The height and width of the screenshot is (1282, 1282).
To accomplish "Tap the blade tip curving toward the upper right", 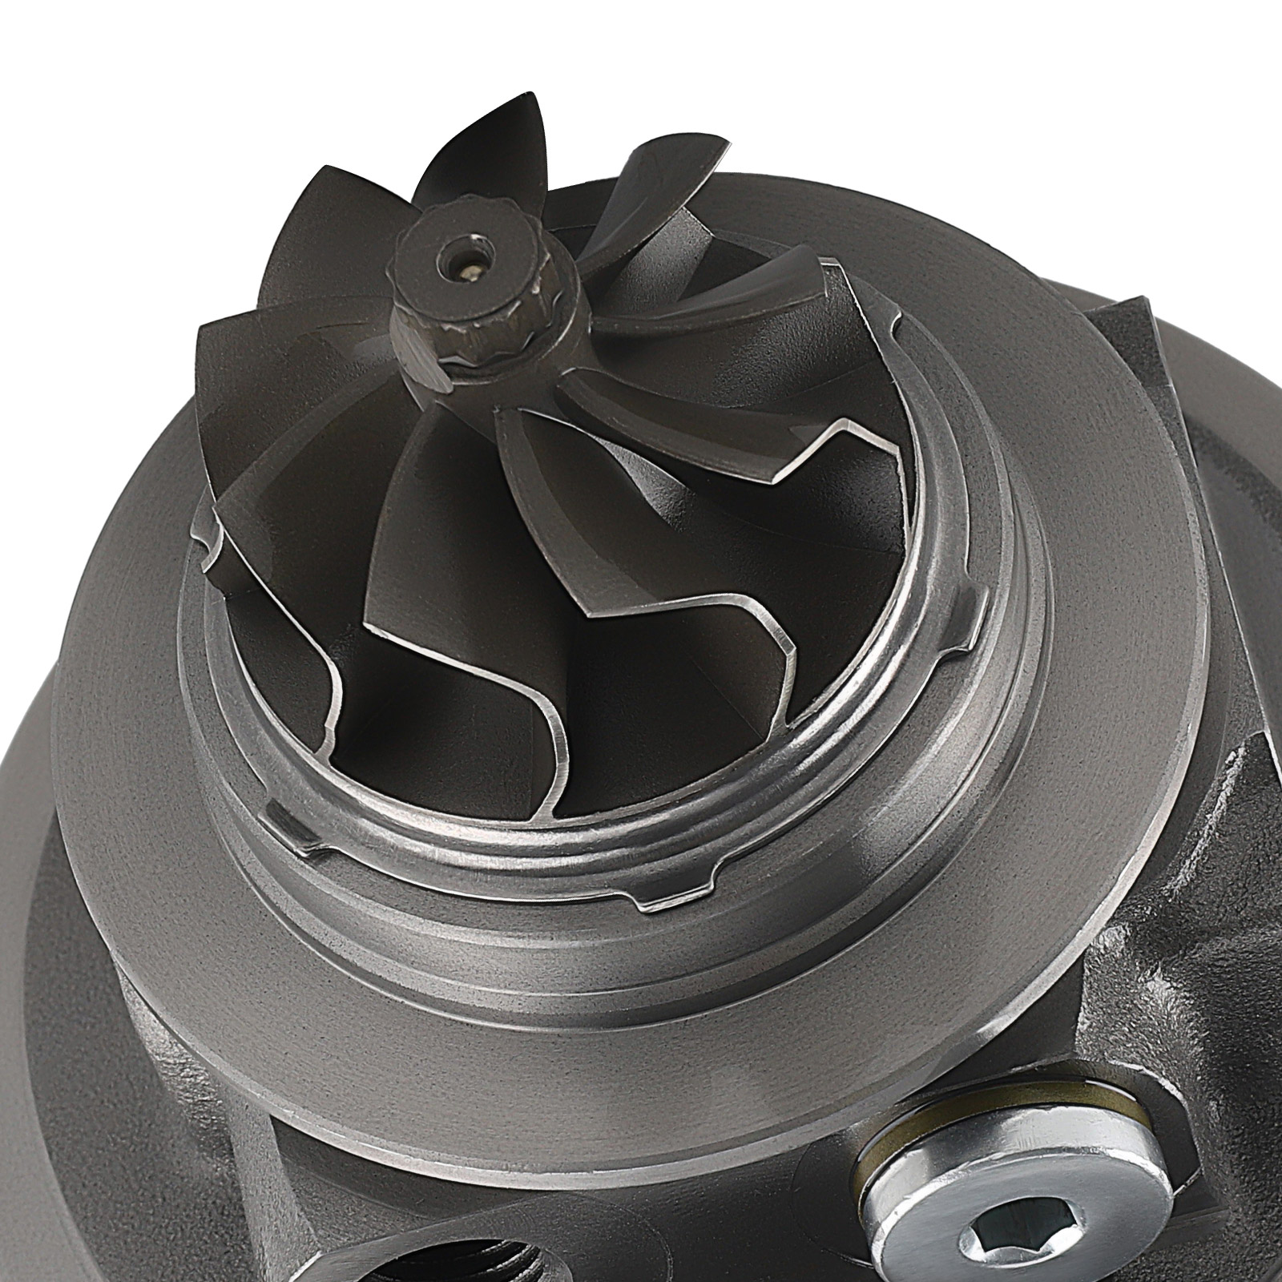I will click(697, 152).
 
